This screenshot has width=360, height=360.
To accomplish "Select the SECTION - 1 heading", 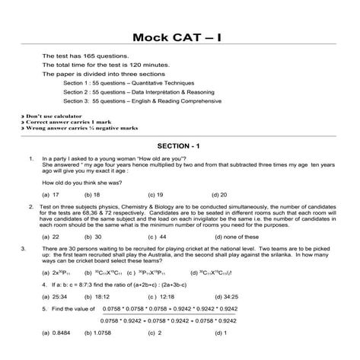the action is [x=179, y=145].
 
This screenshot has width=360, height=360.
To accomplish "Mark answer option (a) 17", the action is [x=51, y=195].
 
